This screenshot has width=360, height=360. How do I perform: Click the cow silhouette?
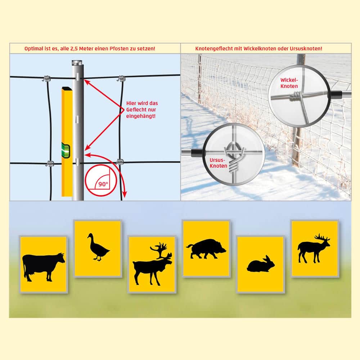(x=42, y=266)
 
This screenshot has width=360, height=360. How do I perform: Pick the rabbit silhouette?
(x=261, y=265)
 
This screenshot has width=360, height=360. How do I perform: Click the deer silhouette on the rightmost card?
(x=314, y=248)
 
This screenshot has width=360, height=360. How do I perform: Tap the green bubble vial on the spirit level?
(x=66, y=150)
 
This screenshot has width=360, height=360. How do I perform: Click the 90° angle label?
(x=103, y=184)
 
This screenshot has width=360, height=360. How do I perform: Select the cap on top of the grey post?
(x=78, y=62)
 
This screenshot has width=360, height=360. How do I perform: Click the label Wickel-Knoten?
(x=289, y=83)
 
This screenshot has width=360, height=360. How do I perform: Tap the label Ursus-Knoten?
(x=218, y=163)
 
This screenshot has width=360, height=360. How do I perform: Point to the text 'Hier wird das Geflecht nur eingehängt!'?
(x=142, y=109)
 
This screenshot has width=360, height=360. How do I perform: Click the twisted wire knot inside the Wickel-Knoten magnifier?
(x=296, y=96)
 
